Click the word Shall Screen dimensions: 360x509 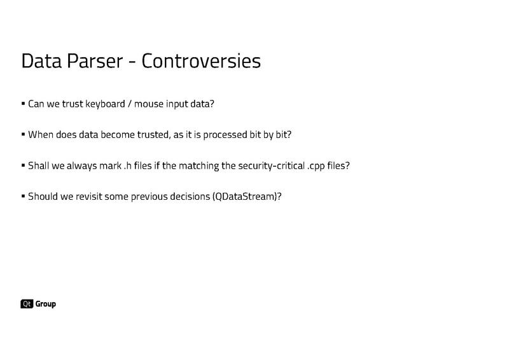tap(40, 165)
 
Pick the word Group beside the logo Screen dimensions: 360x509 tap(45, 304)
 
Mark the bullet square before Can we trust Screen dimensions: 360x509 tap(23, 103)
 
